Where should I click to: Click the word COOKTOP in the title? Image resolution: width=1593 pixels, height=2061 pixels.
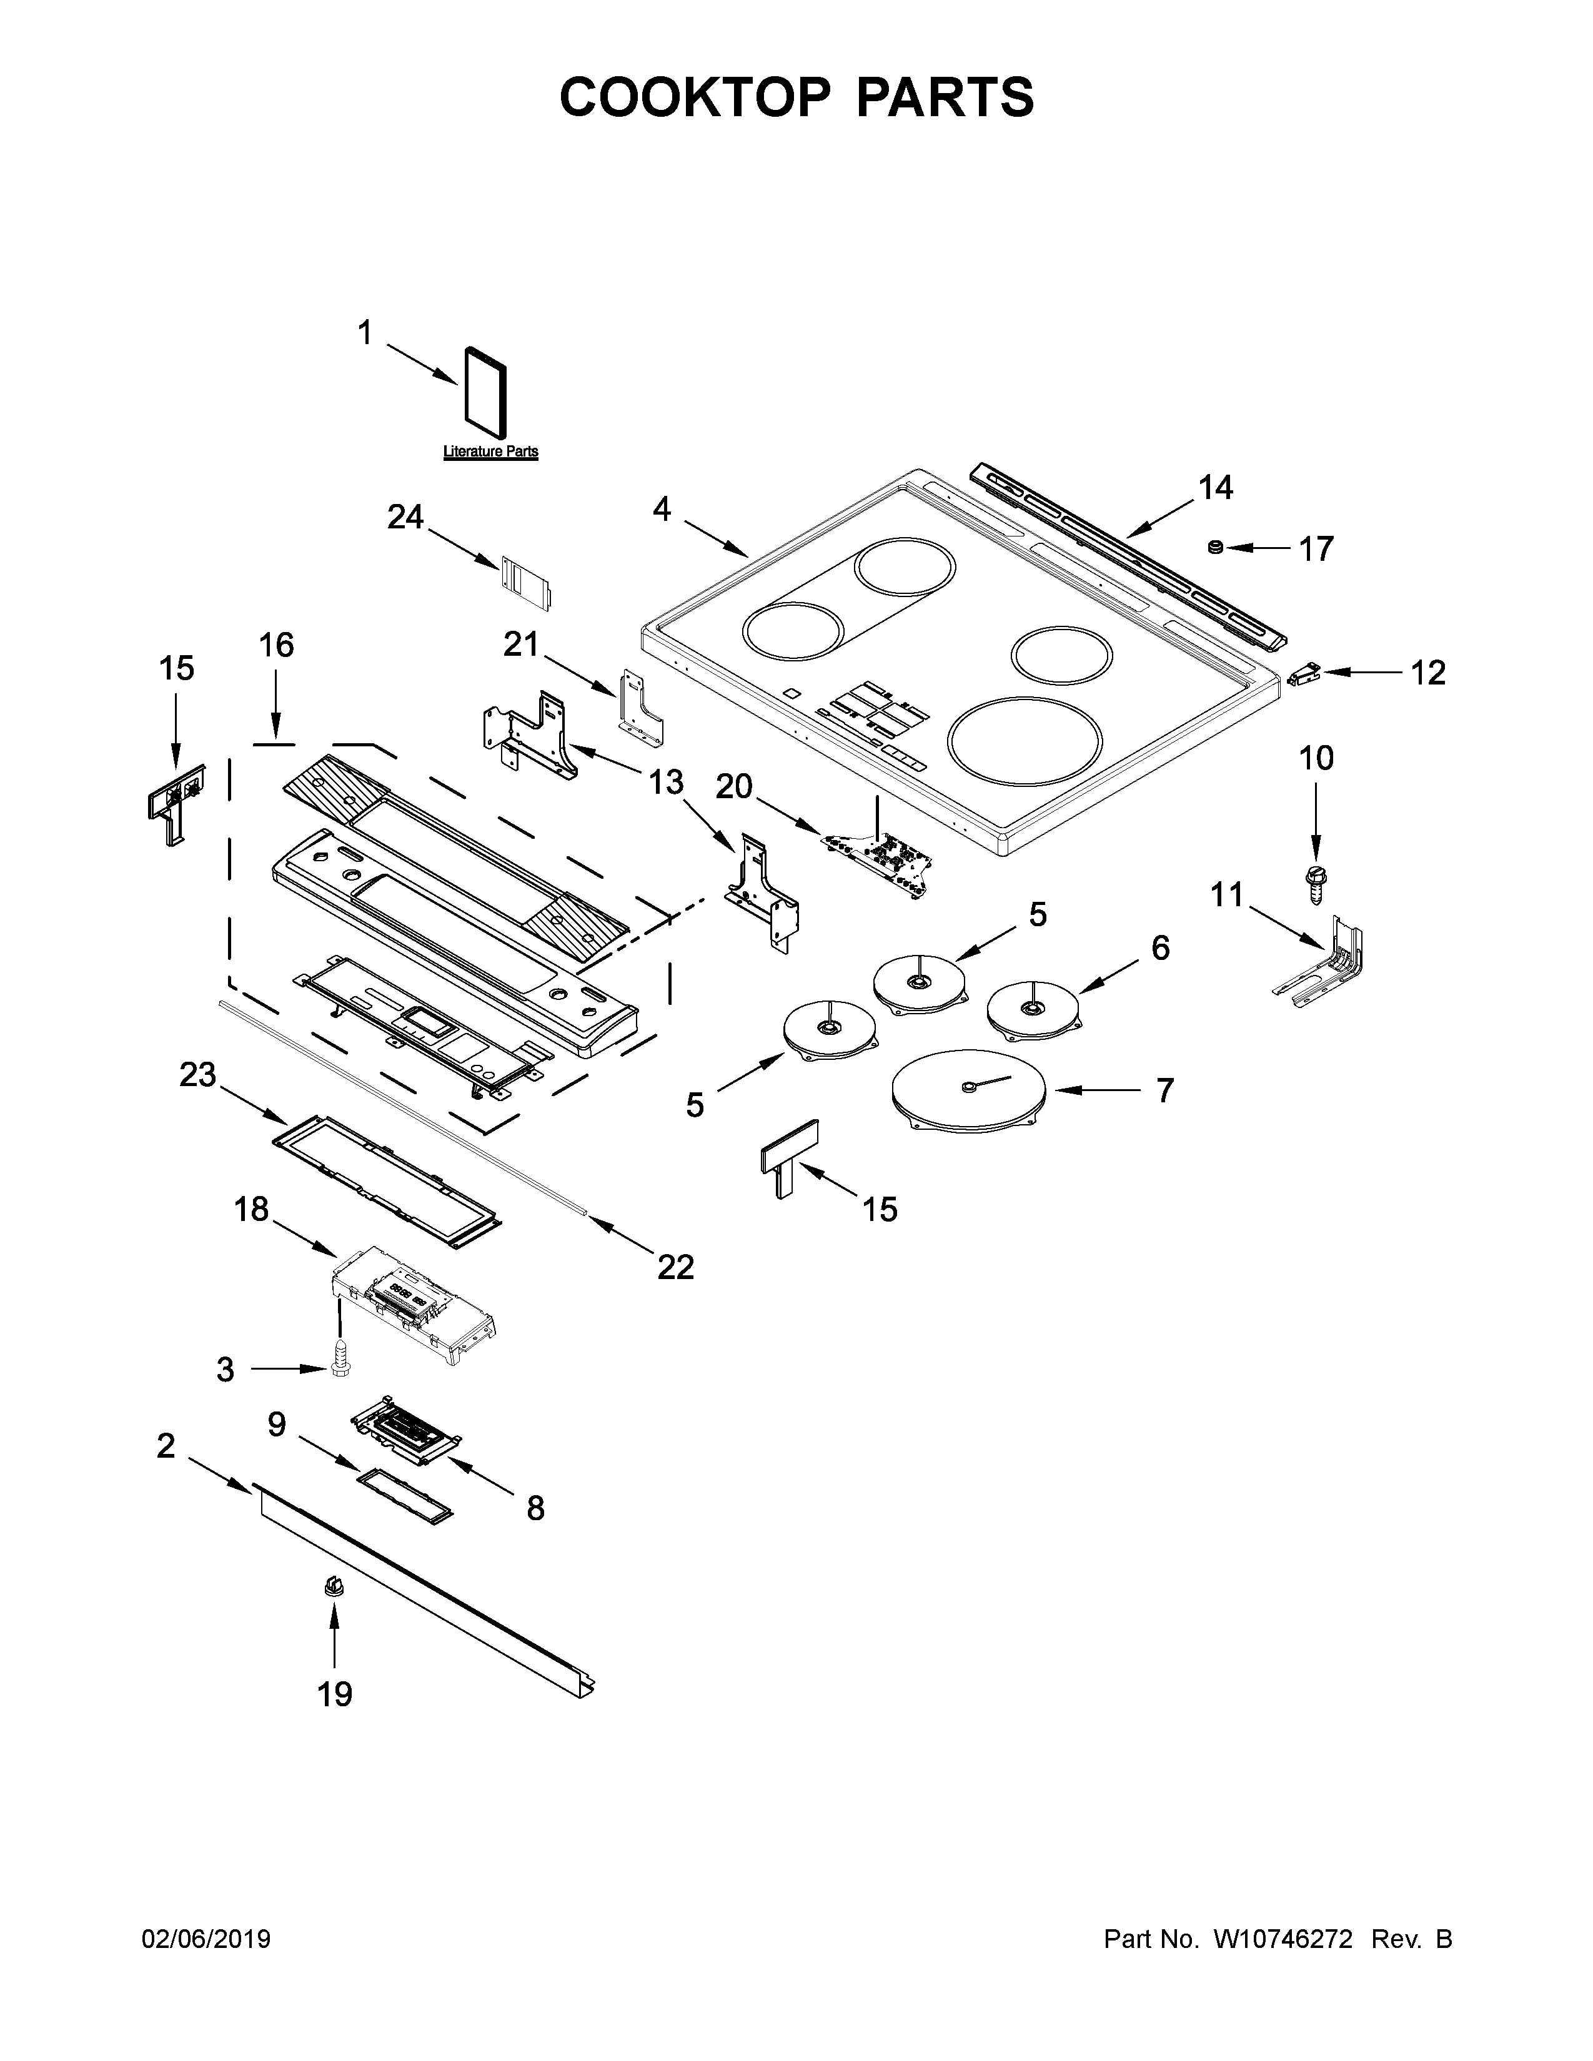(x=695, y=97)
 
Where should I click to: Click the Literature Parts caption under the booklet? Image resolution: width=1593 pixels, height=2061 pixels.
(x=491, y=452)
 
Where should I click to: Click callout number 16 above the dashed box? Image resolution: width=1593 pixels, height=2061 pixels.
(x=277, y=646)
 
